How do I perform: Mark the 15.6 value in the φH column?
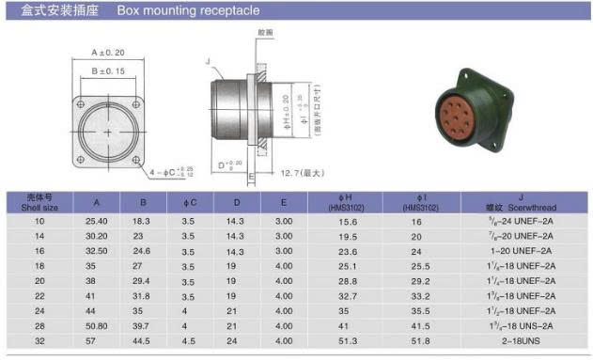[x=336, y=221]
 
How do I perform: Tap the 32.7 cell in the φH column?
[x=336, y=295]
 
